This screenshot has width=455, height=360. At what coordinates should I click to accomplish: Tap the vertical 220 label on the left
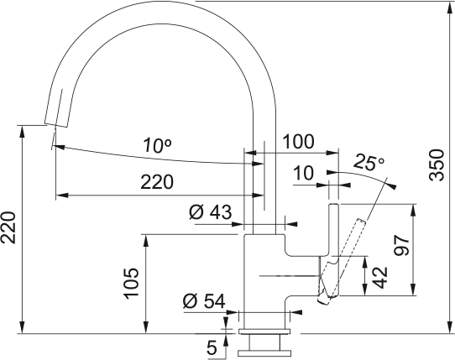9,227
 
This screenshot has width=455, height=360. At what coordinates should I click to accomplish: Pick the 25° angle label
369,161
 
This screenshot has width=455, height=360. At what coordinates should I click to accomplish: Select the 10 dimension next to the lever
303,173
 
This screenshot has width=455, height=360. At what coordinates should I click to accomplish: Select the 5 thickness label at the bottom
211,345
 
